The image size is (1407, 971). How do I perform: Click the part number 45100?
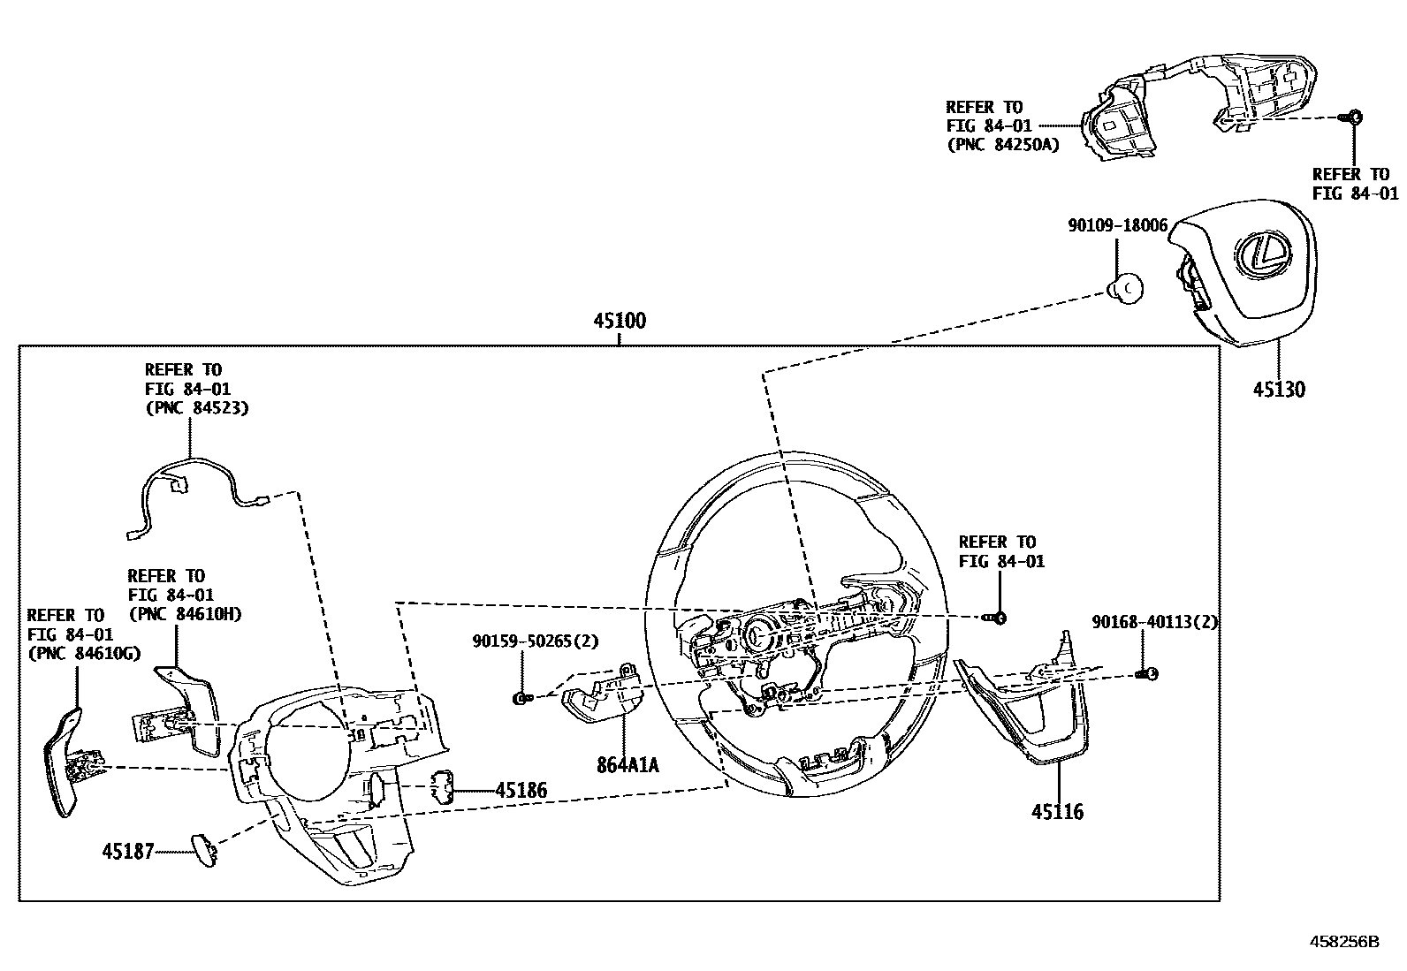(619, 322)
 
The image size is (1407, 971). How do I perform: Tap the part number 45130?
(1278, 390)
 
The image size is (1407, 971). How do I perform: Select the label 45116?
(1057, 812)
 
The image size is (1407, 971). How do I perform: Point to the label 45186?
(521, 791)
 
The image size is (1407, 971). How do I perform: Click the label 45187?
(127, 852)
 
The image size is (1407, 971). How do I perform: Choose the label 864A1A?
(627, 765)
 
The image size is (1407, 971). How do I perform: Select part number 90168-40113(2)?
(1154, 622)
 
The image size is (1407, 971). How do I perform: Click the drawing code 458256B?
(1344, 942)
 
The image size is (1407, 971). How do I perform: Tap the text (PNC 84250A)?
(1003, 145)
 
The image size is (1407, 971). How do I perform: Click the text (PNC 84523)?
(196, 408)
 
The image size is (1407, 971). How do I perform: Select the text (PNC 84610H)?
(185, 614)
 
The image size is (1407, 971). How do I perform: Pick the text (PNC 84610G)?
(84, 654)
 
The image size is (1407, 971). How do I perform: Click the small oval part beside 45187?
(204, 849)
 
